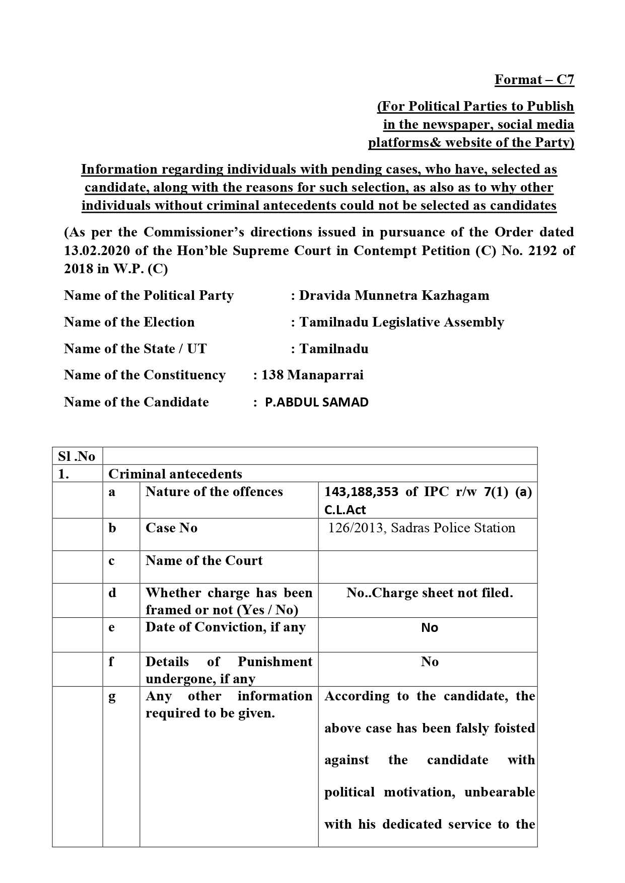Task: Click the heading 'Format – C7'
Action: coord(534,80)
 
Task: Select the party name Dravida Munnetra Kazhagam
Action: coord(394,295)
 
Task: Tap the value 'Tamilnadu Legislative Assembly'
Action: coord(401,322)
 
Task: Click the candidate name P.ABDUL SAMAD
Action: coord(317,402)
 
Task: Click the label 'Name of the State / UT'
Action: coord(135,349)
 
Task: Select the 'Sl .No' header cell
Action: coord(77,456)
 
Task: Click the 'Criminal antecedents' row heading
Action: coord(175,474)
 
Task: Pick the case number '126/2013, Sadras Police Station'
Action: coord(422,528)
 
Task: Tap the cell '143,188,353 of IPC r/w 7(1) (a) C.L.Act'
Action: coord(428,500)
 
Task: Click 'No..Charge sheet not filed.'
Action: coord(430,593)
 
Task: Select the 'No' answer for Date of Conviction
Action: coord(430,628)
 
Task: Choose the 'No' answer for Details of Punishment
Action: coord(430,662)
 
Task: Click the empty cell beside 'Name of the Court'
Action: coord(428,567)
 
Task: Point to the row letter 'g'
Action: coord(112,697)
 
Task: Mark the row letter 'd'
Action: coord(112,593)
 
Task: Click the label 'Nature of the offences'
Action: coord(214,492)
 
